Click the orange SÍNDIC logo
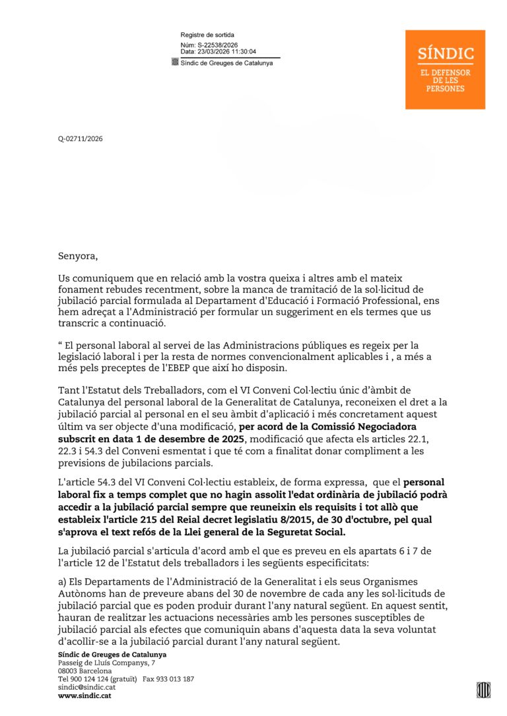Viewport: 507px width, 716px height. click(x=445, y=69)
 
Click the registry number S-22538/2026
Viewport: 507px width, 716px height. click(x=217, y=45)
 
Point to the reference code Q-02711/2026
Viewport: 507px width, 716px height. click(x=81, y=139)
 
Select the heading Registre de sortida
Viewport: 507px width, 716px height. click(x=207, y=35)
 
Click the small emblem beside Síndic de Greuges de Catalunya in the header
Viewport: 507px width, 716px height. click(x=175, y=63)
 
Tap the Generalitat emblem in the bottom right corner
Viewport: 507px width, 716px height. click(x=483, y=690)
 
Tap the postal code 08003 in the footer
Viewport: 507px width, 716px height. click(x=68, y=671)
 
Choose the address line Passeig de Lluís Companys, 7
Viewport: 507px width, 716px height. click(x=106, y=662)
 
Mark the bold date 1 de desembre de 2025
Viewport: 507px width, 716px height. click(x=192, y=439)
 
